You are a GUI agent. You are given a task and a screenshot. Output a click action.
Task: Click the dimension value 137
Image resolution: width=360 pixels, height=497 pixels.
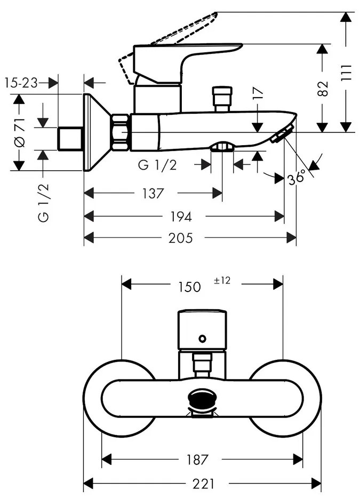click(x=153, y=193)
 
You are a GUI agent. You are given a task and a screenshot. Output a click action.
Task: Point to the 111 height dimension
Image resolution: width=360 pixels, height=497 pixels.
click(x=346, y=73)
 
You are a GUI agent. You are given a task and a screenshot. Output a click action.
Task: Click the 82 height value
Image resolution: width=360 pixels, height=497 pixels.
click(x=322, y=88)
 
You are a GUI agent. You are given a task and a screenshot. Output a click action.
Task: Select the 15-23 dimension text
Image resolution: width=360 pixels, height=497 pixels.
click(x=21, y=83)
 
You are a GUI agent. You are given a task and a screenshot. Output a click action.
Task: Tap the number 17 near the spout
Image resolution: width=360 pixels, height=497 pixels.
click(x=258, y=94)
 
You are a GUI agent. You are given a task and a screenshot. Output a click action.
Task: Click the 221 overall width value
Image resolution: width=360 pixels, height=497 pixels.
click(x=203, y=484)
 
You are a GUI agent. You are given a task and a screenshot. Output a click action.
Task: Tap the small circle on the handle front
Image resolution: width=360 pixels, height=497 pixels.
click(x=202, y=338)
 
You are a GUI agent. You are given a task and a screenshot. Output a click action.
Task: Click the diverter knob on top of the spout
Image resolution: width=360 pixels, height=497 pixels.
click(x=222, y=98)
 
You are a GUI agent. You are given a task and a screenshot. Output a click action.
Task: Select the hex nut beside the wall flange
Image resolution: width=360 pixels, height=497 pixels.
click(x=121, y=131)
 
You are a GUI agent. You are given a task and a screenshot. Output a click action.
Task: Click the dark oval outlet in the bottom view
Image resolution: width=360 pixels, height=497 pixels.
click(x=202, y=398)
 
